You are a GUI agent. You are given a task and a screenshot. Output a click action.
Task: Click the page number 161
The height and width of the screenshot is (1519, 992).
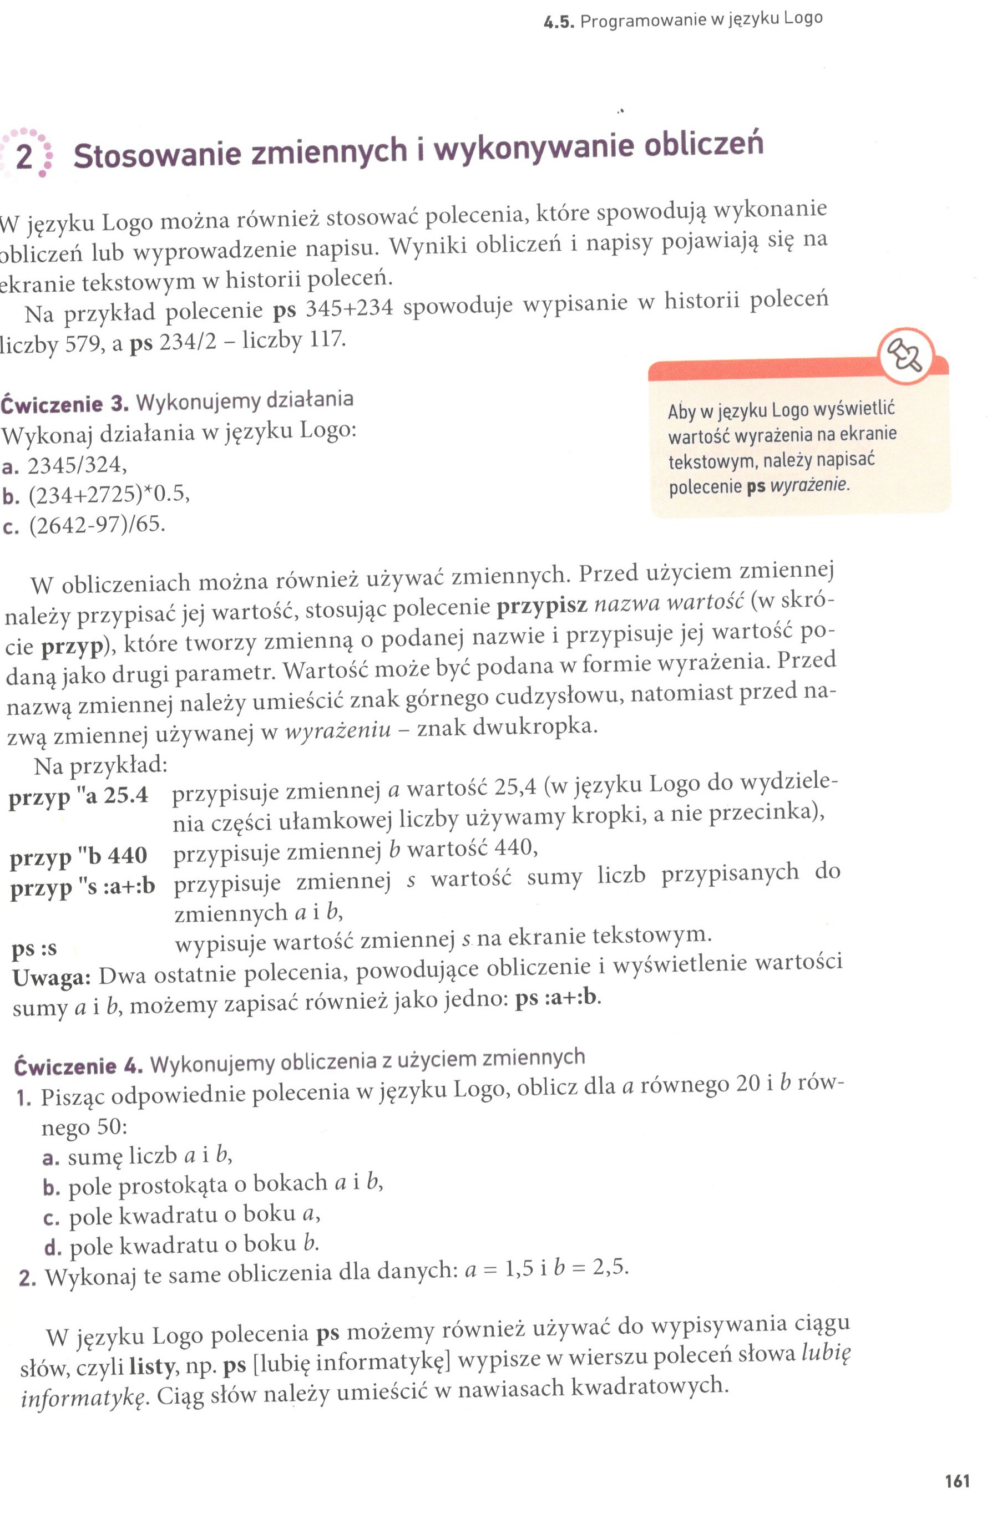tap(957, 1480)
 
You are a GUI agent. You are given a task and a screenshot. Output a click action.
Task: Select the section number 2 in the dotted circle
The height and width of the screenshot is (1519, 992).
tap(24, 155)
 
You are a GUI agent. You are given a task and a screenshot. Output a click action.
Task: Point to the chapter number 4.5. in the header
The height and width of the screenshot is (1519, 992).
tap(559, 23)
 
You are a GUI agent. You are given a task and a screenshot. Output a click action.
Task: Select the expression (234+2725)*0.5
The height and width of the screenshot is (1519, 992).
tap(109, 495)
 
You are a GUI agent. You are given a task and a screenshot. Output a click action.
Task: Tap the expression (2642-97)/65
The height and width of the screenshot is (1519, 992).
tap(97, 525)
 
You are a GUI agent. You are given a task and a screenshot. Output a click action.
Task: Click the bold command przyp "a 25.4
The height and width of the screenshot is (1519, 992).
tap(78, 796)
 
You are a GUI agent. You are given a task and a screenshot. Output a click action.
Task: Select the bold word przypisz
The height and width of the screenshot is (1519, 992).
tap(541, 604)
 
